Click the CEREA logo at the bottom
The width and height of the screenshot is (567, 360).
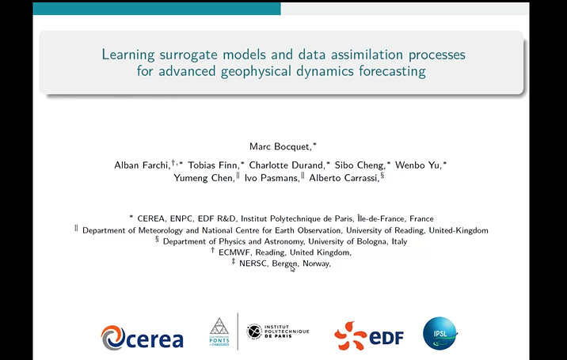tap(143, 337)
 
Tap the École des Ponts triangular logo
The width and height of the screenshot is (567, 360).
tap(219, 332)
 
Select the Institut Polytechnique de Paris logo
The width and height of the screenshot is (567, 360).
tap(277, 332)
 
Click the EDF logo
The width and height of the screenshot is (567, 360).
tap(369, 335)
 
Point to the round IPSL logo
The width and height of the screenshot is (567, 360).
tap(440, 334)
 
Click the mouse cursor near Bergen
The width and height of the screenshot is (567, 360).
tap(292, 269)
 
